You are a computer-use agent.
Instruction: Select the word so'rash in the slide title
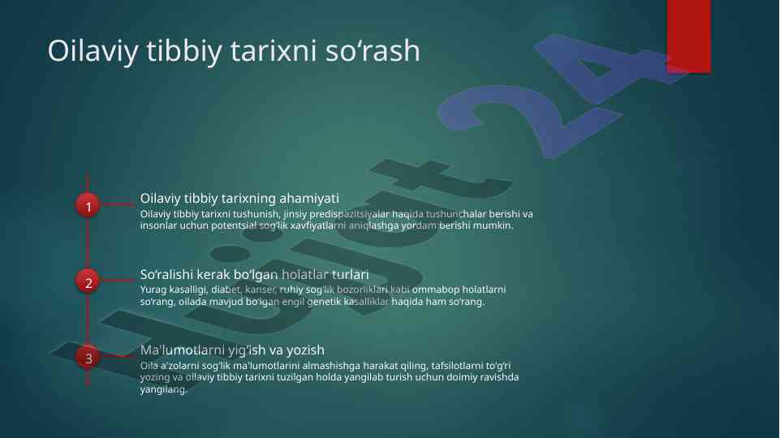tap(373, 50)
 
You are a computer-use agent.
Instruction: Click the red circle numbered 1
tap(88, 206)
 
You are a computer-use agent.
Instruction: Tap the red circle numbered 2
tap(88, 282)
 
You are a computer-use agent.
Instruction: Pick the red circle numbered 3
tap(88, 358)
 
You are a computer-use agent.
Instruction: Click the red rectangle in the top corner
tap(688, 36)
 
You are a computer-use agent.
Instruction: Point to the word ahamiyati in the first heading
tap(309, 199)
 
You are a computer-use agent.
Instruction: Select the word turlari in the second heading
tap(350, 274)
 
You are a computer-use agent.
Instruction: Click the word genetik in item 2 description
tap(323, 302)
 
